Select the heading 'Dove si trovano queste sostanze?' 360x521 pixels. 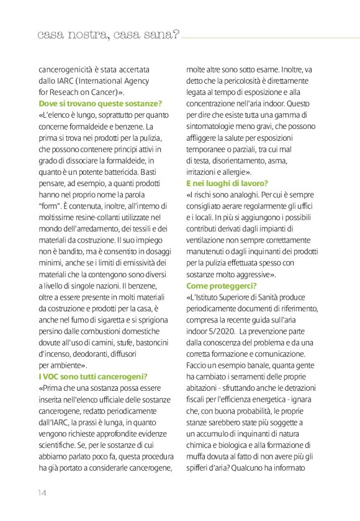pos(100,103)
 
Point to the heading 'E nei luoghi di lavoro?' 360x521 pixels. pos(227,183)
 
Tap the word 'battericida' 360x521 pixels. pos(121,172)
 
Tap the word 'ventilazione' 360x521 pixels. pos(212,240)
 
